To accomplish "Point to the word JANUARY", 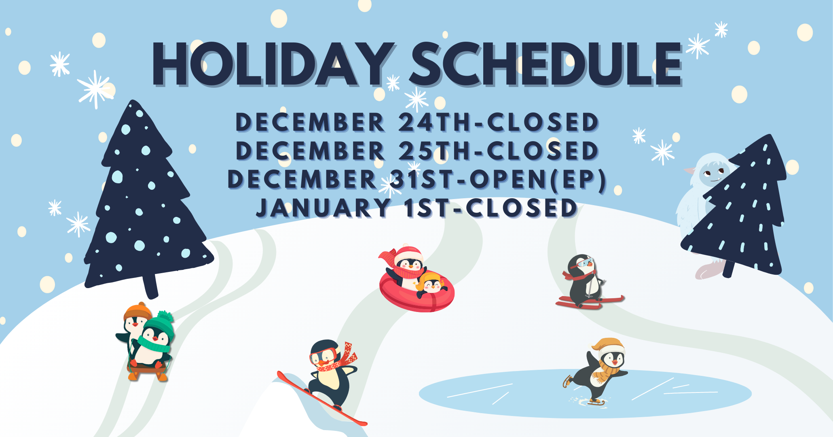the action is point(324,208).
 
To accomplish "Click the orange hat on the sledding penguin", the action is point(137,311).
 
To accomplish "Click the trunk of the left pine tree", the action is point(150,285).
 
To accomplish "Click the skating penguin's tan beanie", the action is point(608,346).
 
